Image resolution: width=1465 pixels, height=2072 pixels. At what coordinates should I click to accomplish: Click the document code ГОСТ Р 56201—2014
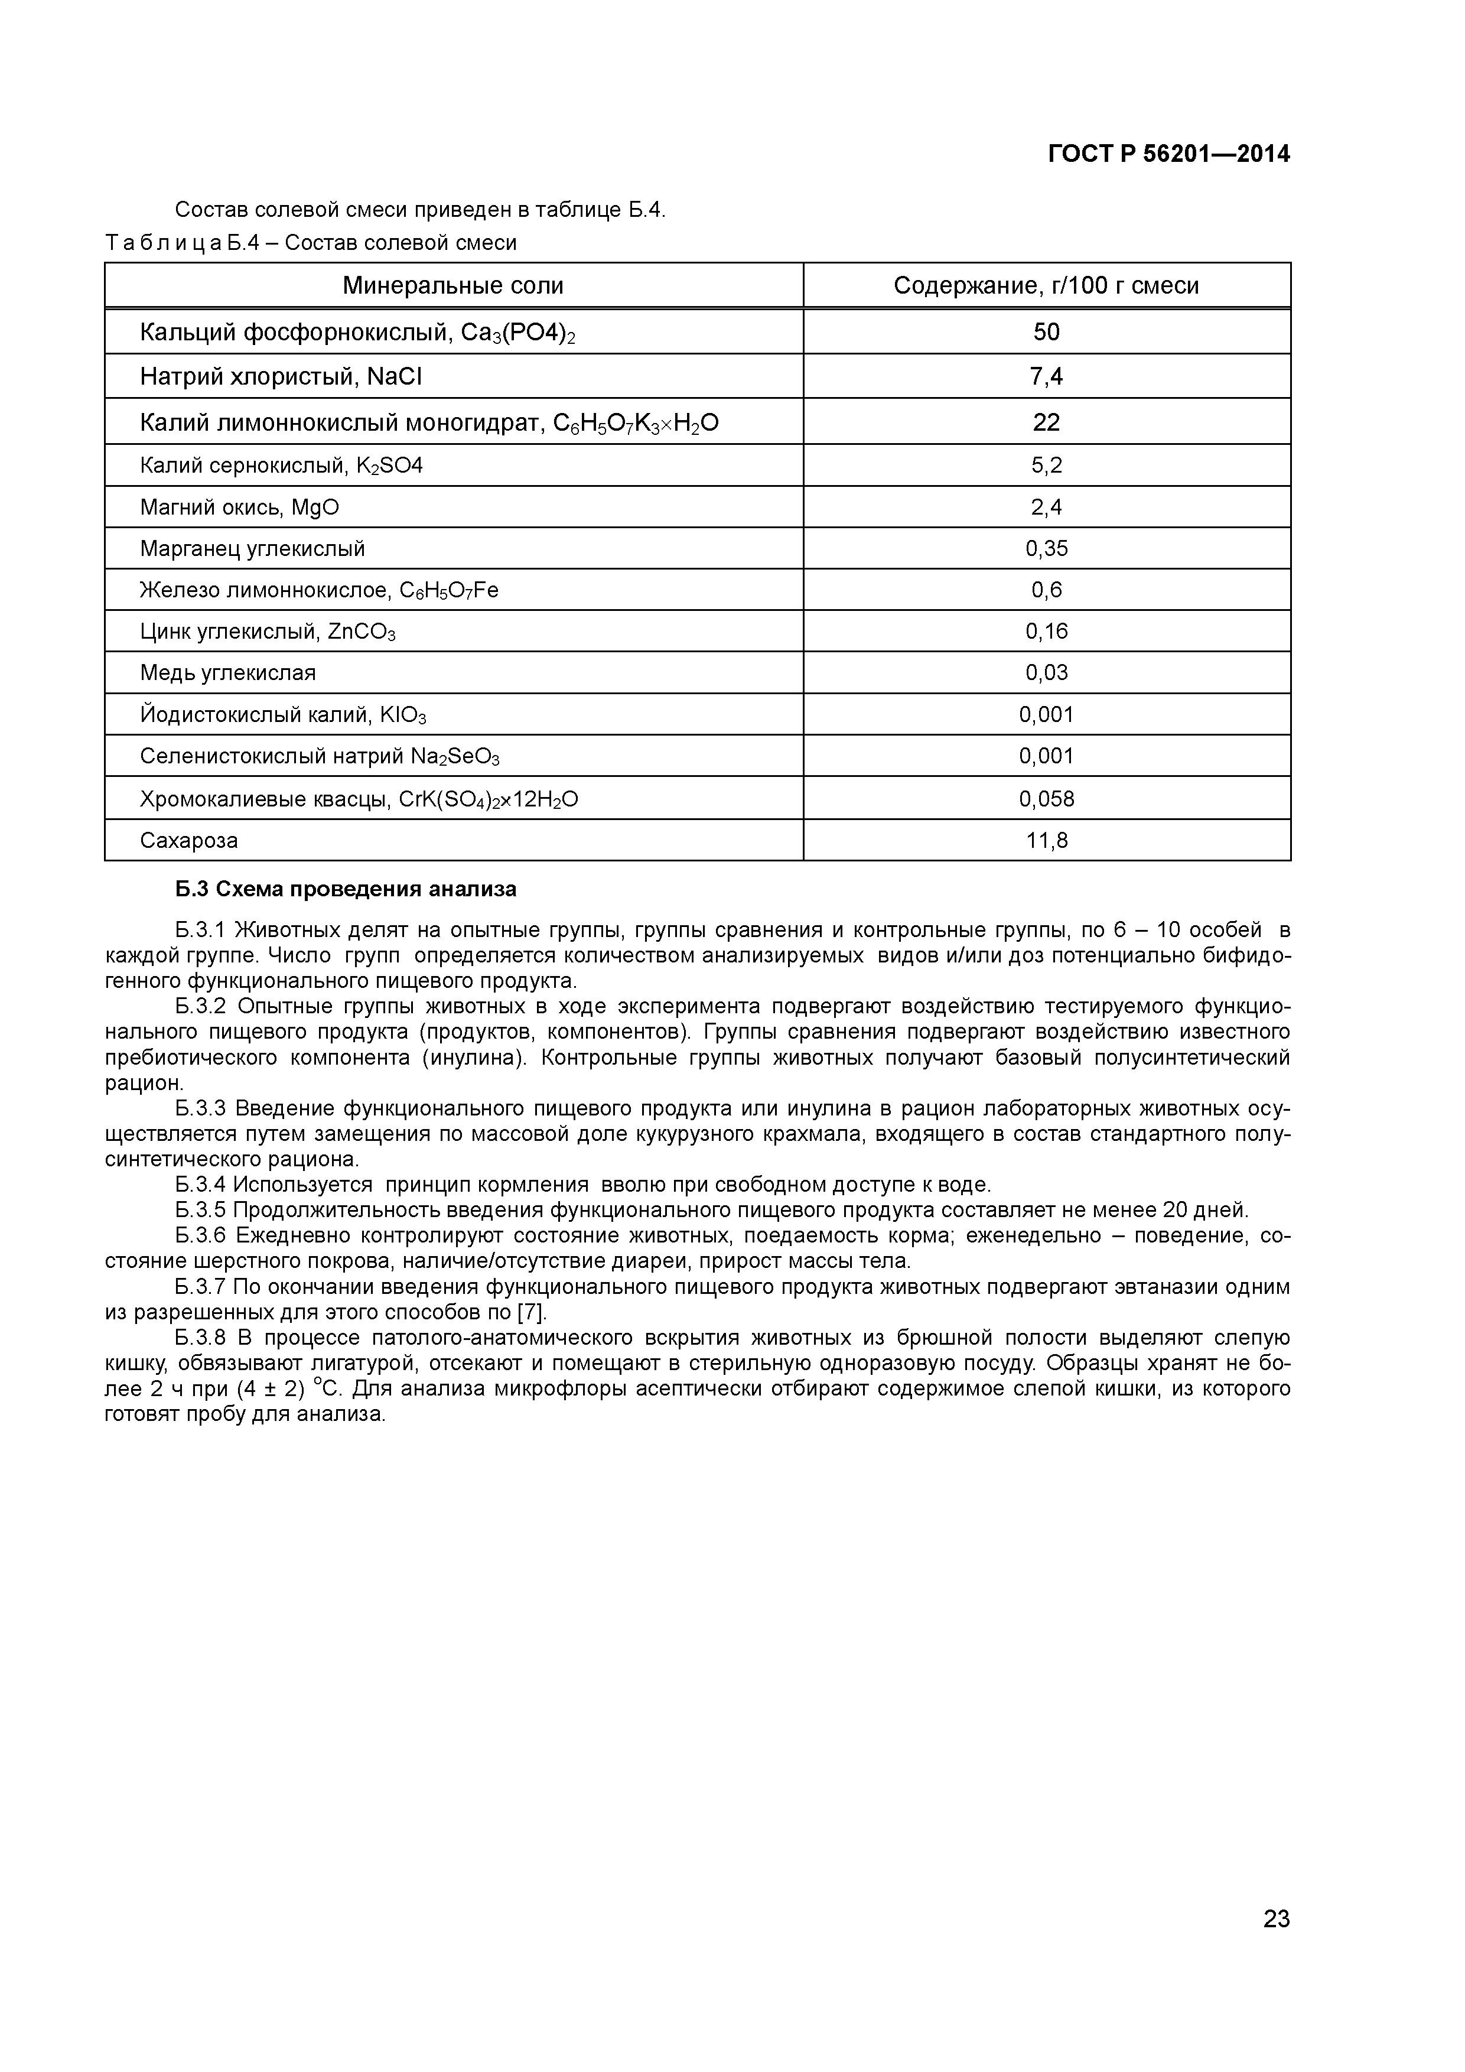pyautogui.click(x=1168, y=154)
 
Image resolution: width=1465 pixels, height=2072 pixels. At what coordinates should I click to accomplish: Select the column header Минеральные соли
pyautogui.click(x=453, y=286)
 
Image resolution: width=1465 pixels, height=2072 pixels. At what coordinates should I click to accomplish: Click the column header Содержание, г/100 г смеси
pyautogui.click(x=1046, y=286)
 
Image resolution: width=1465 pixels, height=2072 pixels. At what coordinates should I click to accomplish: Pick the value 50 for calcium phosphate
pyautogui.click(x=1046, y=332)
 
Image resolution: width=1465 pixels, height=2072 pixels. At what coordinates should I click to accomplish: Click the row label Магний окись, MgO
pyautogui.click(x=239, y=507)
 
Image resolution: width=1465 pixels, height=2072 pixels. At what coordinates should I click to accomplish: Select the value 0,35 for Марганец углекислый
pyautogui.click(x=1046, y=549)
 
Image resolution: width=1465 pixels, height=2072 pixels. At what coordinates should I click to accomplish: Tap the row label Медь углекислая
pyautogui.click(x=227, y=673)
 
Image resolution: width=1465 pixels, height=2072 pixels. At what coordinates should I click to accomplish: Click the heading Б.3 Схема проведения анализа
pyautogui.click(x=346, y=890)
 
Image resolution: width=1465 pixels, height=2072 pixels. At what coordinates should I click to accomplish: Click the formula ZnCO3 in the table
pyautogui.click(x=362, y=632)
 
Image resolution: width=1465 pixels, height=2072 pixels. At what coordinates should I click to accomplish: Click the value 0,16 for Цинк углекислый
pyautogui.click(x=1046, y=632)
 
